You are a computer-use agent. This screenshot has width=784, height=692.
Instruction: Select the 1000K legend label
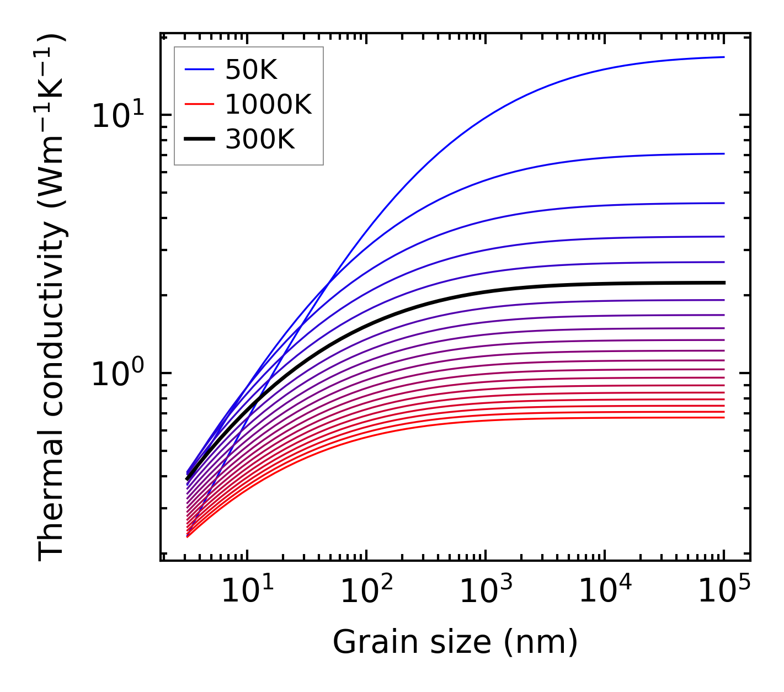tap(268, 104)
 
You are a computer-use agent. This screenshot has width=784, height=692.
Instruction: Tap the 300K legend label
tap(260, 140)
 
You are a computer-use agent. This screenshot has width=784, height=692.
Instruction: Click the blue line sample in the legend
tap(199, 70)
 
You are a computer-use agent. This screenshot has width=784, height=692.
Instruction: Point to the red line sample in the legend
tap(199, 104)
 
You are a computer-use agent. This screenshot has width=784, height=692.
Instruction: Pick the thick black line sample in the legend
tap(199, 140)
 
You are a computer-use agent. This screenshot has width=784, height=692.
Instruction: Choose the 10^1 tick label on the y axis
tap(117, 116)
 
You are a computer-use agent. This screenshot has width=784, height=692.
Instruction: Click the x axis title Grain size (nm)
tap(455, 642)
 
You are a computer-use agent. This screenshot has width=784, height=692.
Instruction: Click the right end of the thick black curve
tap(723, 283)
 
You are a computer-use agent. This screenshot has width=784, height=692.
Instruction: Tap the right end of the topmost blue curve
tap(723, 57)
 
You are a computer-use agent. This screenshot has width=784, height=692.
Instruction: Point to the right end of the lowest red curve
tap(723, 417)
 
